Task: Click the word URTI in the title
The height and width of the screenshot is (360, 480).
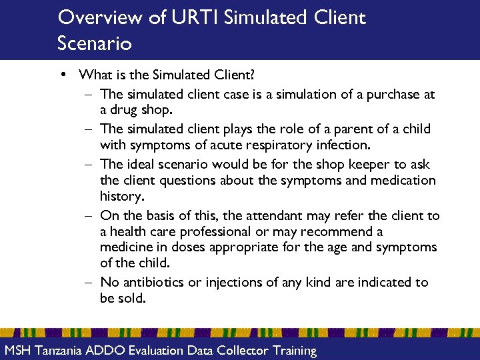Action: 194,17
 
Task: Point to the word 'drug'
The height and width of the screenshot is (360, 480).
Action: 125,109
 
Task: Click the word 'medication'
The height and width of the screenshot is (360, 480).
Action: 405,180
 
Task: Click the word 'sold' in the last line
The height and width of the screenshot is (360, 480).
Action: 132,298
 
